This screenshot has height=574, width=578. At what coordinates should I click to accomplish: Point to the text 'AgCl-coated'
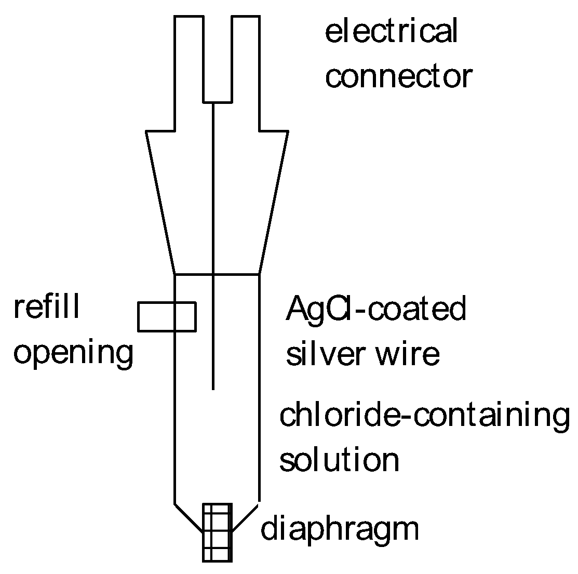tap(376, 309)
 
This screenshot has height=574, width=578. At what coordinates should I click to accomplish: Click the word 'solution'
tap(340, 459)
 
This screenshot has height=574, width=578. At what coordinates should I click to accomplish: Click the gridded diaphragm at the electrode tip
tap(217, 532)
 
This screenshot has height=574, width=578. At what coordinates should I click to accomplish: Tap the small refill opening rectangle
tap(167, 316)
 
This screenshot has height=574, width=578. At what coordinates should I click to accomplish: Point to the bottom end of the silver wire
tap(213, 389)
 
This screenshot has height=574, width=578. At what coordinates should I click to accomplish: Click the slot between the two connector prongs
tap(217, 57)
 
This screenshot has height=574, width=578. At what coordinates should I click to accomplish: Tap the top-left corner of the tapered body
tap(147, 131)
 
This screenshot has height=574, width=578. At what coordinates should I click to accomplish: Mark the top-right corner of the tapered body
tap(288, 131)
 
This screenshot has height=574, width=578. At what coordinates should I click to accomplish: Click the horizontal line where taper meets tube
tap(217, 274)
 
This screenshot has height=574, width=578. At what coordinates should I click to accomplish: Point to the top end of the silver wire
tap(213, 103)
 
